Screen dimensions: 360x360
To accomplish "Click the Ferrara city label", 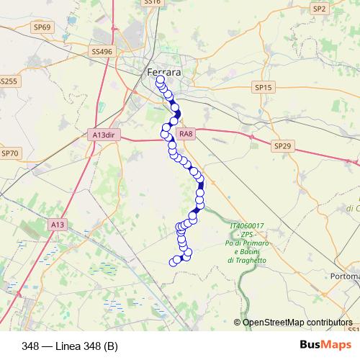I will pos(163,73).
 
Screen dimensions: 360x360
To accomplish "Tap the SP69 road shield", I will pos(43,27).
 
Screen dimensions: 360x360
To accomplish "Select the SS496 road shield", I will pos(102,52).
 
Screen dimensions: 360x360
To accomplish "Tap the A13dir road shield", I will pos(104,134).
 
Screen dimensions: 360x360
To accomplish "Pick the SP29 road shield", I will pos(283,146).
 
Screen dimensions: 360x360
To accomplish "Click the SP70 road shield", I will pos(10,153).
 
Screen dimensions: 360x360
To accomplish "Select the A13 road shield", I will pos(58,225).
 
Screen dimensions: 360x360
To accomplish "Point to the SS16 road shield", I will pos(153,2).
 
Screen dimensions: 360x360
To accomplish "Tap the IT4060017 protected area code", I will pos(248,226).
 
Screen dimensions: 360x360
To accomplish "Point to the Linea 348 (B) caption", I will pos(70,346).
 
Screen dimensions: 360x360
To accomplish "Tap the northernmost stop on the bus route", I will pos(160,81).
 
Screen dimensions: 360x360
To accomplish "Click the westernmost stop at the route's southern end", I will pos(172,261).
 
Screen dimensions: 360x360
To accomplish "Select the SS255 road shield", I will pos(7,81).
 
